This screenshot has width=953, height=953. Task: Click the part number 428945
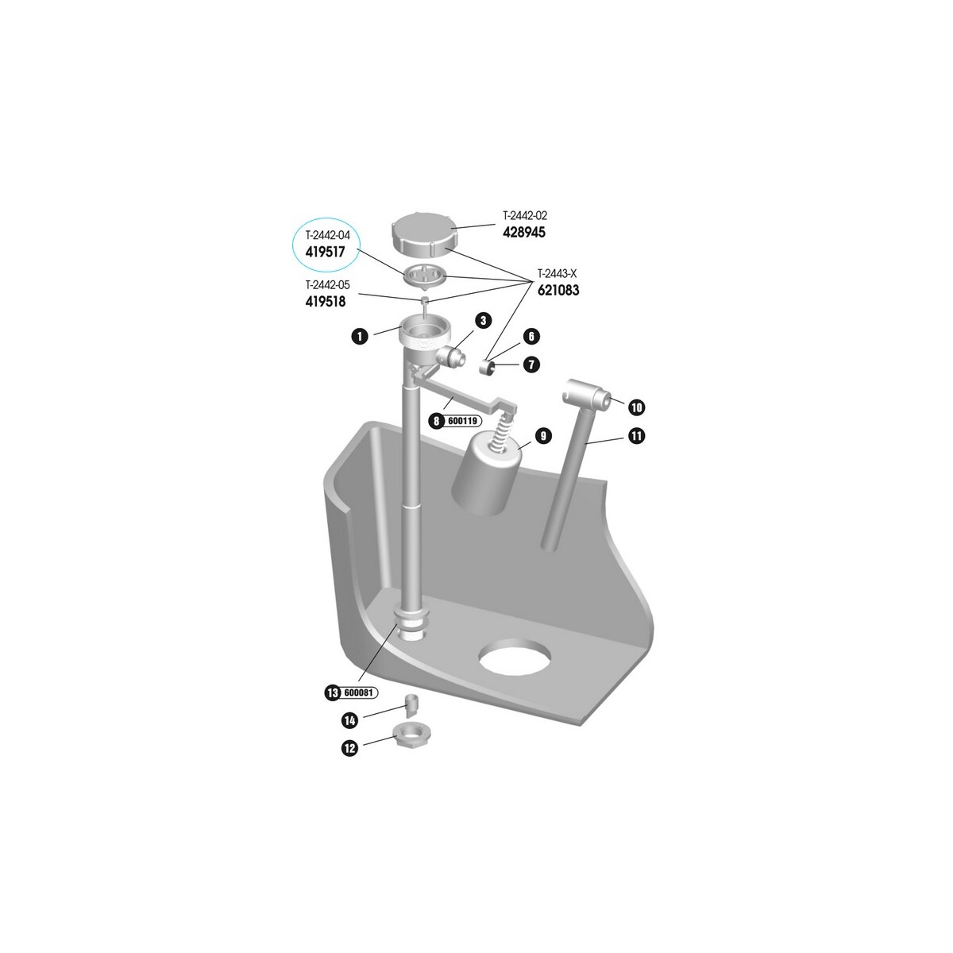524,233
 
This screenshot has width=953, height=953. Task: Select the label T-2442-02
525,216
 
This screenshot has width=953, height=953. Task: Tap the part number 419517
325,253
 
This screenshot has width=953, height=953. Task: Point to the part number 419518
326,301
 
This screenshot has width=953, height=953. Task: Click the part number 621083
558,290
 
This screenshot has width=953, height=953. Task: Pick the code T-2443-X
558,273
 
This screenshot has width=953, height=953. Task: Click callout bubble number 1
360,337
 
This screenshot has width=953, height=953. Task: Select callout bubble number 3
483,321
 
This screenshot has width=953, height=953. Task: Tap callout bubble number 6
531,337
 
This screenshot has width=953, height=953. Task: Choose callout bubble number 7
531,365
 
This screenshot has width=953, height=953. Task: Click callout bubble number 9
543,436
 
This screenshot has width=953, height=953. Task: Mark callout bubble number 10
636,407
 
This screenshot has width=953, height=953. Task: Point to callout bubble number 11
636,436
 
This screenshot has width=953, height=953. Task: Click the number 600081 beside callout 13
358,693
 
